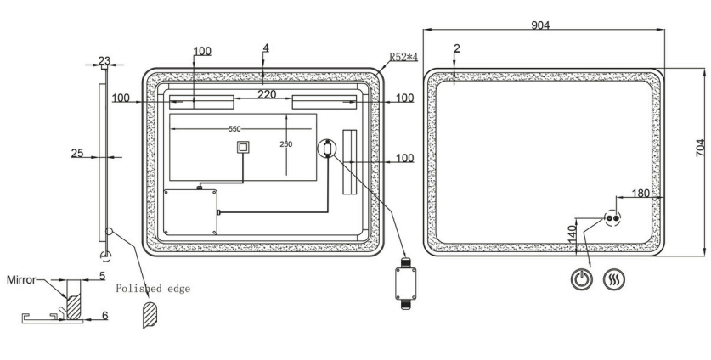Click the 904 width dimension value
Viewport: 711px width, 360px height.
(539, 25)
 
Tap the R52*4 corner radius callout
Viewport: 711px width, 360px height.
(403, 57)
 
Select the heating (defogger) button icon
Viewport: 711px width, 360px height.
(613, 279)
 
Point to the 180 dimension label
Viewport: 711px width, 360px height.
(640, 194)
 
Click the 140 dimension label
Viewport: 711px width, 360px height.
(573, 231)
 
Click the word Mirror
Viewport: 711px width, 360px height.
(20, 278)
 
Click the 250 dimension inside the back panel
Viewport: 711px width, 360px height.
(285, 144)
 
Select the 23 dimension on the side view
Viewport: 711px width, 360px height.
(104, 60)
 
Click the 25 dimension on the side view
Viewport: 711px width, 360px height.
(77, 154)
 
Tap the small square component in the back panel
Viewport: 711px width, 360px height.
(244, 147)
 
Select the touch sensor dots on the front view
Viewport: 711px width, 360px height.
(612, 218)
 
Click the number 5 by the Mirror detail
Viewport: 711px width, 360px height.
(102, 275)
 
